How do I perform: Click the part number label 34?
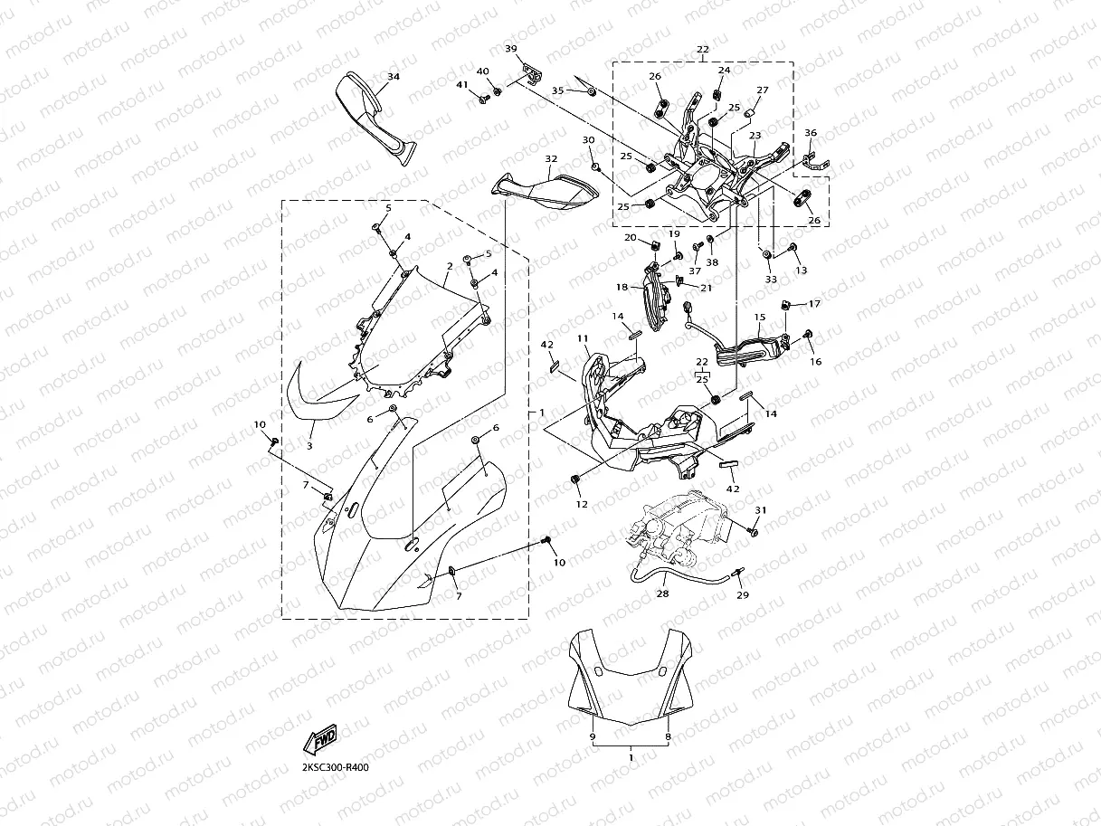pyautogui.click(x=393, y=77)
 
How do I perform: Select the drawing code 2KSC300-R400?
pyautogui.click(x=336, y=767)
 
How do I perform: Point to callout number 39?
pyautogui.click(x=511, y=48)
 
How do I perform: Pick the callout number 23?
pyautogui.click(x=755, y=135)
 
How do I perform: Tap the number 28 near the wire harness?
pyautogui.click(x=663, y=594)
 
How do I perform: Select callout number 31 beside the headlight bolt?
pyautogui.click(x=761, y=511)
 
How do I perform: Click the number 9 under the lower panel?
pyautogui.click(x=593, y=737)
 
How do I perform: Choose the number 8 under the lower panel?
pyautogui.click(x=668, y=737)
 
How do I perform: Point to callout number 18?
pyautogui.click(x=622, y=287)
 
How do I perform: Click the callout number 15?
pyautogui.click(x=760, y=318)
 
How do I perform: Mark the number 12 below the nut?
pyautogui.click(x=582, y=504)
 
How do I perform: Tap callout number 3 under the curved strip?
pyautogui.click(x=309, y=446)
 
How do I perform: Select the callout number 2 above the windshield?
pyautogui.click(x=450, y=267)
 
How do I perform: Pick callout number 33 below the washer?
pyautogui.click(x=771, y=280)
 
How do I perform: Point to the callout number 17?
pyautogui.click(x=814, y=304)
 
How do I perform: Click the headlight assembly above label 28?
pyautogui.click(x=679, y=529)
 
